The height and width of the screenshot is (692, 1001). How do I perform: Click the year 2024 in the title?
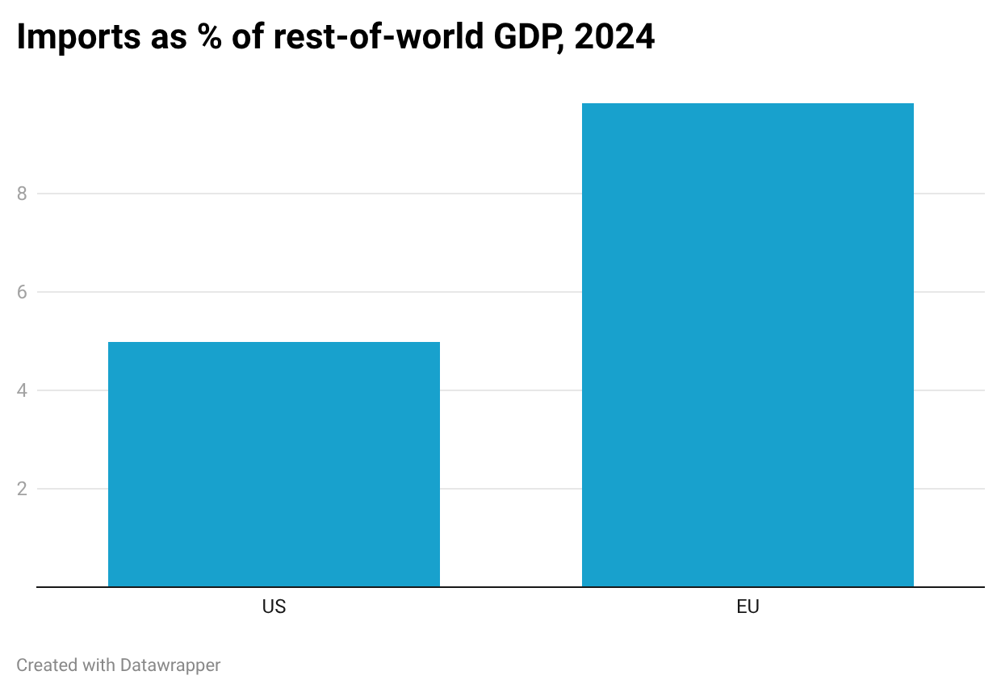(x=614, y=38)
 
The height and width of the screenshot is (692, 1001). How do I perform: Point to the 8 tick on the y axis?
(x=22, y=194)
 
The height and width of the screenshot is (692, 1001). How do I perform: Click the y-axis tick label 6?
(x=22, y=292)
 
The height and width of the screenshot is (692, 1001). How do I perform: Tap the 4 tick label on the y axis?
(x=22, y=390)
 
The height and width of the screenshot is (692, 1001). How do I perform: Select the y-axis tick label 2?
(x=22, y=489)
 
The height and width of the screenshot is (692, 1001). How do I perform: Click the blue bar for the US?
(x=274, y=465)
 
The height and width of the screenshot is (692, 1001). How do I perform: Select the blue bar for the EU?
(x=748, y=345)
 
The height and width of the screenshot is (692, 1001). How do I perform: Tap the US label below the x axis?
(x=274, y=607)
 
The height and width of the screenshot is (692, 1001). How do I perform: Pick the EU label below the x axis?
(x=748, y=607)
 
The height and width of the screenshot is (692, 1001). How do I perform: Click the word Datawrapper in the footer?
(x=170, y=665)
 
